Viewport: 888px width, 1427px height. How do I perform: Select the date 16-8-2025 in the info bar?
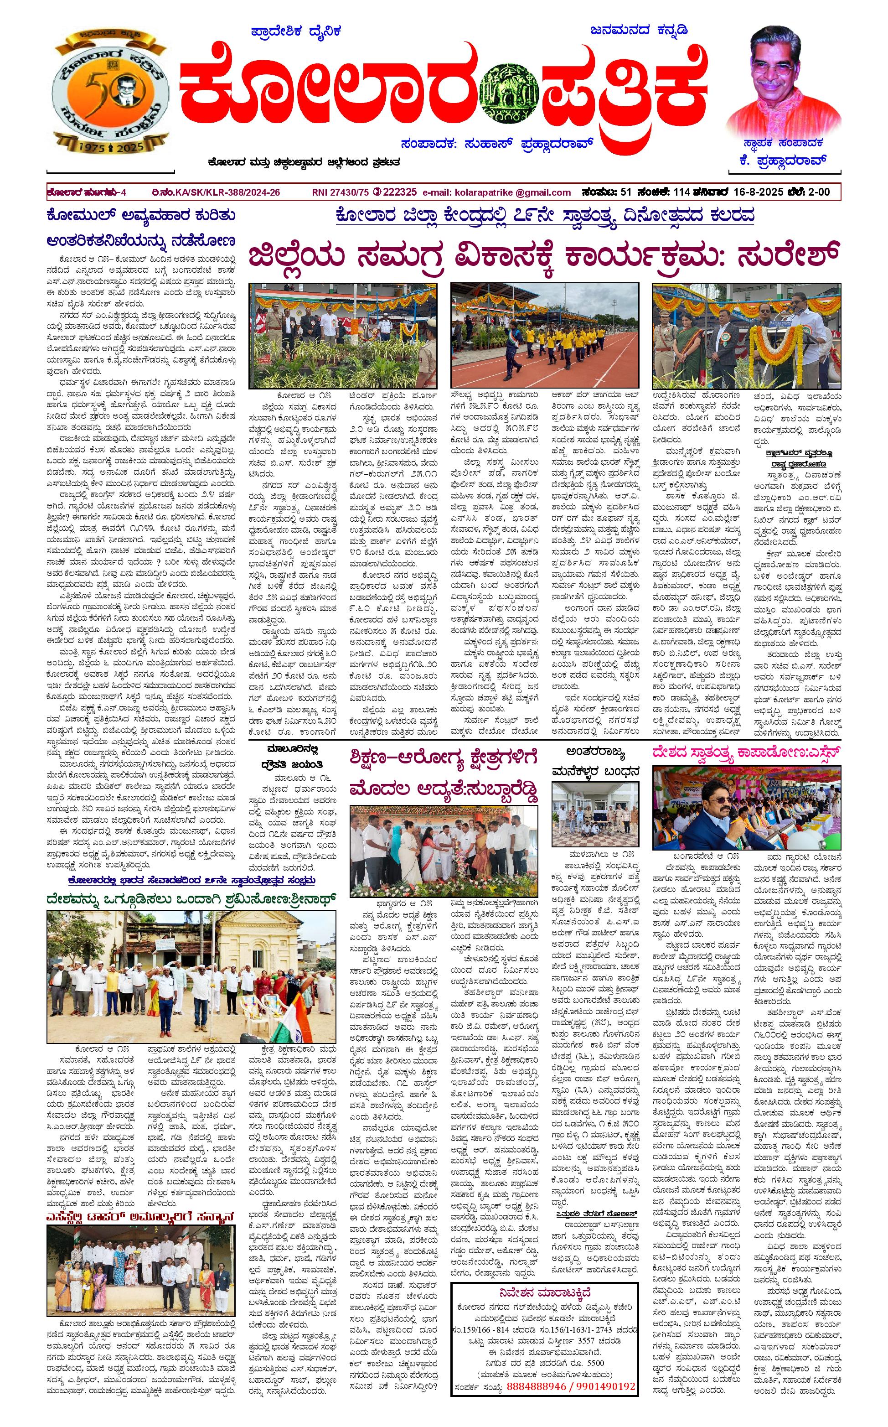point(749,192)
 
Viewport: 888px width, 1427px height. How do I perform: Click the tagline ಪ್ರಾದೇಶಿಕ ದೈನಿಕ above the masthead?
point(296,31)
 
